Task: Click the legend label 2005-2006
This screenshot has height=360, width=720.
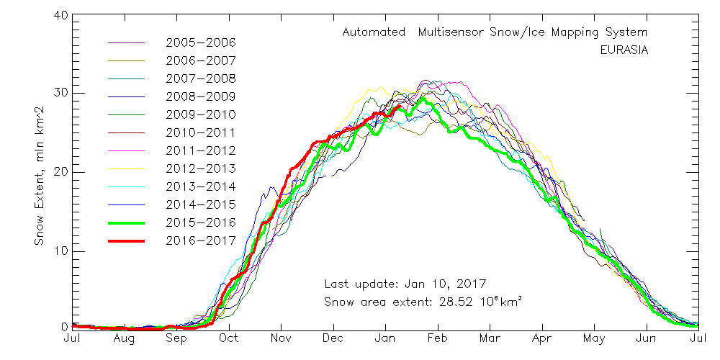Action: point(201,43)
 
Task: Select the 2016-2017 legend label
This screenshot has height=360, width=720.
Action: point(201,240)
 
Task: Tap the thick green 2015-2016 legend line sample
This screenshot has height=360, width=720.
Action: point(126,222)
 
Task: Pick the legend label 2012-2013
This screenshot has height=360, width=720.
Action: point(201,169)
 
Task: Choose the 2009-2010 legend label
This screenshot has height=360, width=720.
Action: point(201,114)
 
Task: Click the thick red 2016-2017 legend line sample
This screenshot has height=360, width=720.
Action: point(126,240)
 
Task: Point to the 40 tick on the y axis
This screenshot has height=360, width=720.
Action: point(61,14)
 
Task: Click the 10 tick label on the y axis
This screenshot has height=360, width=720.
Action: point(61,251)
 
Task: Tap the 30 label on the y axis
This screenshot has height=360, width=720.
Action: point(61,94)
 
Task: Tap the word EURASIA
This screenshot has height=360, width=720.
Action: point(624,50)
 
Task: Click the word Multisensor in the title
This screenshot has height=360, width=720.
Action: point(467,32)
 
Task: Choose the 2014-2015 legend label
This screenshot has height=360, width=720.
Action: point(201,204)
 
